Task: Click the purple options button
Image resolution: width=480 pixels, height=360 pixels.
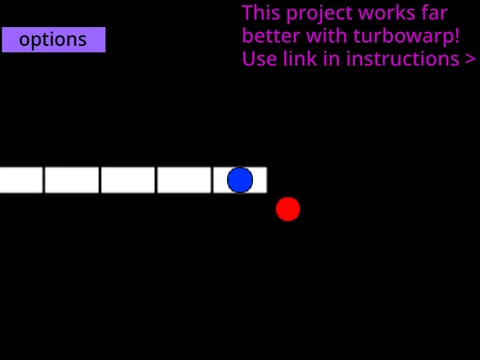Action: (54, 40)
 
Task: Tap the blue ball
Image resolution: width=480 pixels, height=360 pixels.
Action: (240, 180)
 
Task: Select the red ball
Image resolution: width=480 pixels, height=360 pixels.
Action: (288, 209)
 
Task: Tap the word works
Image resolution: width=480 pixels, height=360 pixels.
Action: (386, 13)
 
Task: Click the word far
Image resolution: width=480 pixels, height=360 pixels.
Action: (434, 13)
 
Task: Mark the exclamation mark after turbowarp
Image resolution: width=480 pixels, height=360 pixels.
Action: (456, 36)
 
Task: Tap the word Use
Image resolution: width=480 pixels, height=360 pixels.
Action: (259, 59)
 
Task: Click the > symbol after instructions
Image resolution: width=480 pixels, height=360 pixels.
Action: (470, 59)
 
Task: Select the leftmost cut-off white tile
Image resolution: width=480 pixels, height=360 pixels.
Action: (21, 180)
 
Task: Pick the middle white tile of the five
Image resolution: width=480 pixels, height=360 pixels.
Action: (128, 180)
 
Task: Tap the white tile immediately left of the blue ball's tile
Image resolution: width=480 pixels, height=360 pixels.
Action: (184, 180)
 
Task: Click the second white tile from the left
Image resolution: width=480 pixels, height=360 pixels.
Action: (72, 180)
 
